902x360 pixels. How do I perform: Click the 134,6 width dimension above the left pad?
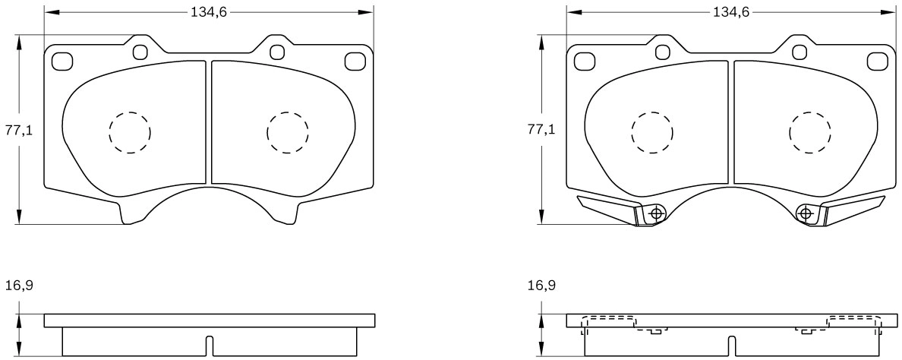click(210, 11)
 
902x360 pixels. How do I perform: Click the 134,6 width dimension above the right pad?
click(732, 11)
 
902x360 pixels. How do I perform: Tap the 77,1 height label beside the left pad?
click(19, 130)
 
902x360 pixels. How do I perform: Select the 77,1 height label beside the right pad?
click(541, 130)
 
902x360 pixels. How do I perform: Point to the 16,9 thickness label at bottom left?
click(19, 286)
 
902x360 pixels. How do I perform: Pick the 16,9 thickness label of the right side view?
click(541, 286)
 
